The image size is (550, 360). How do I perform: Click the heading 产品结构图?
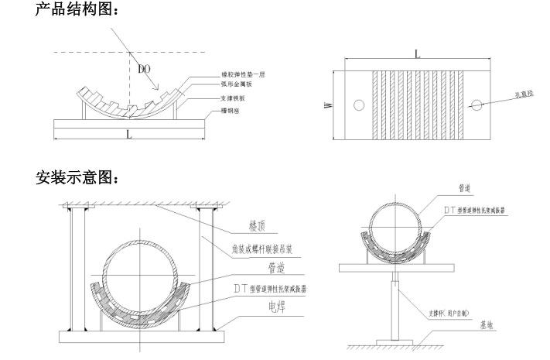[x=76, y=11]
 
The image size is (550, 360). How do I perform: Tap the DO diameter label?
[x=144, y=69]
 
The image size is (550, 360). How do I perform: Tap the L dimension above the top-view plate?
[x=417, y=55]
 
